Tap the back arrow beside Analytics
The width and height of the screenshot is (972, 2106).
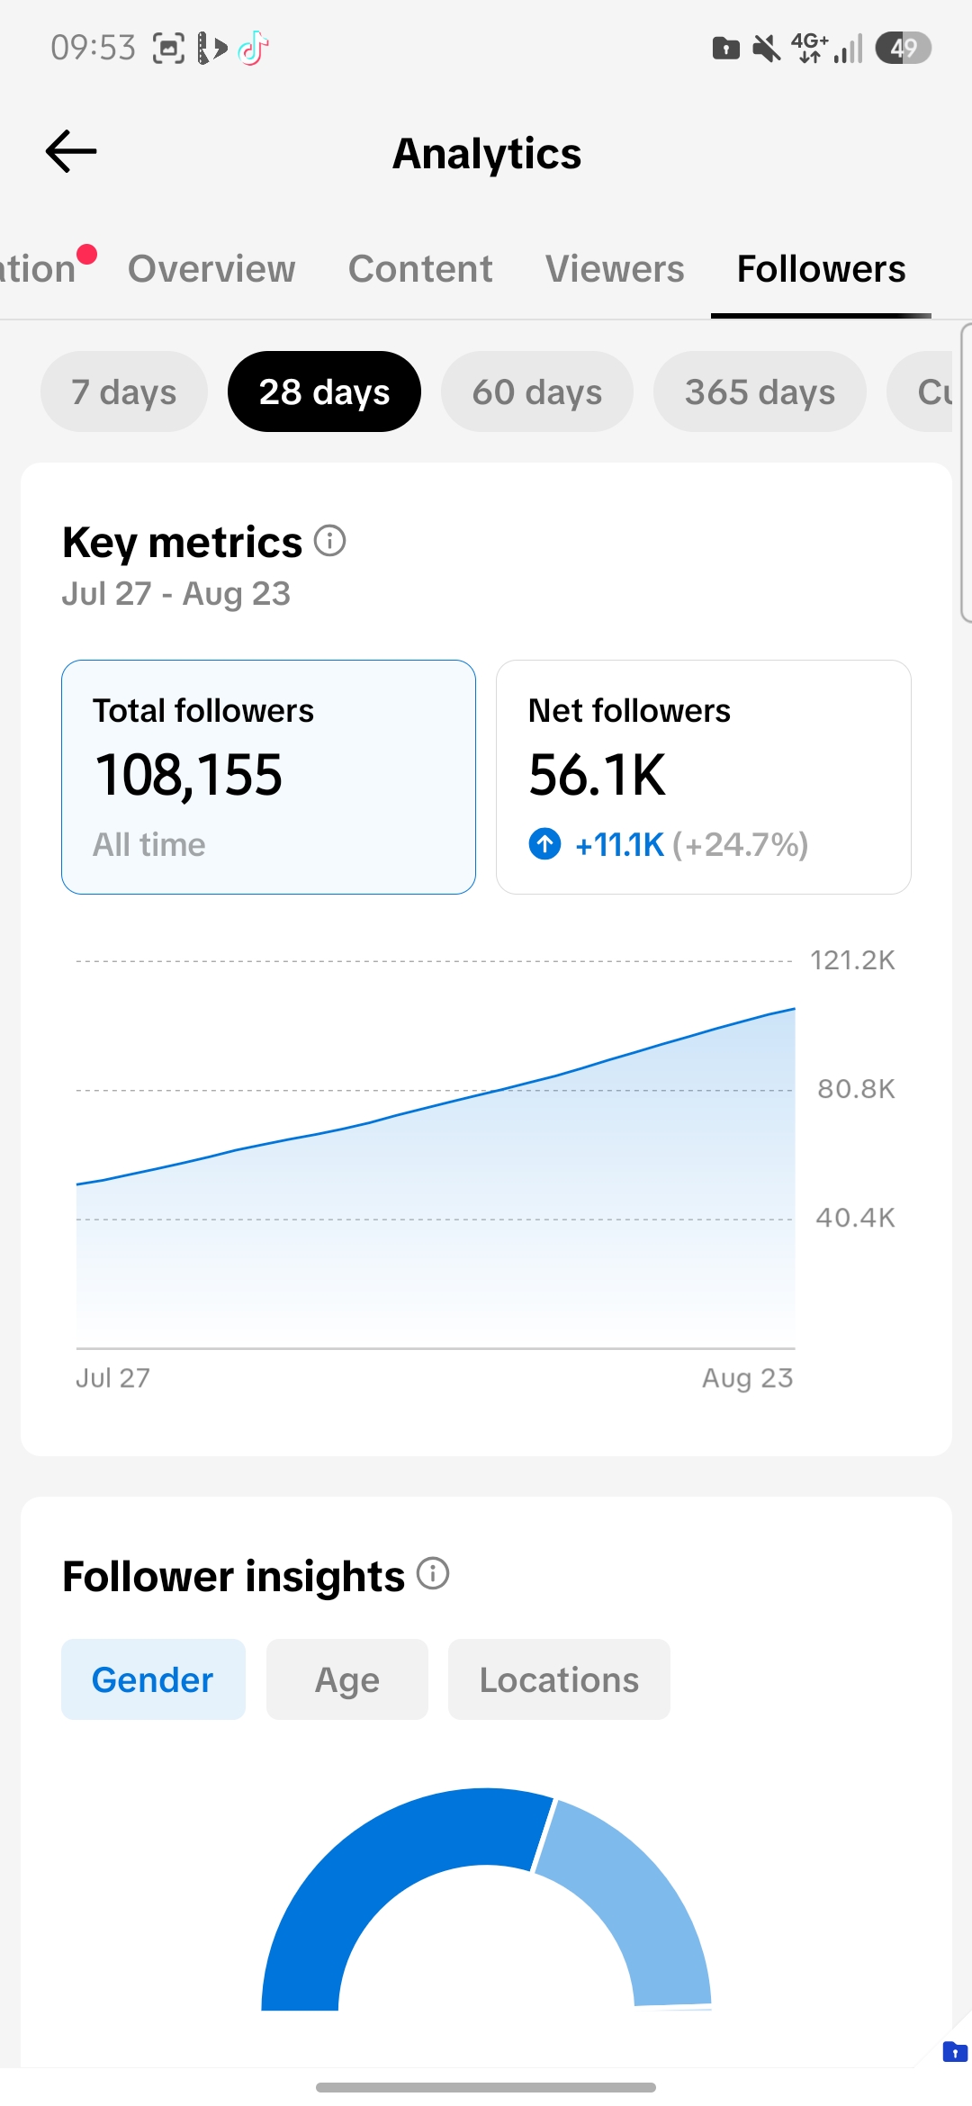pos(71,151)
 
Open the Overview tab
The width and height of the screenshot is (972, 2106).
pos(211,268)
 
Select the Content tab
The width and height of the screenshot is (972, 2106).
pos(420,268)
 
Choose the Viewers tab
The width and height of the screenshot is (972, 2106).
pos(615,268)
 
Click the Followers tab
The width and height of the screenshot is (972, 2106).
pos(821,268)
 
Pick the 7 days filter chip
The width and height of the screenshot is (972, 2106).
pos(124,391)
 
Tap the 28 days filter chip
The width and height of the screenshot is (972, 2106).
pos(324,391)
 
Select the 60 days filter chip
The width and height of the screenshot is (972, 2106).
pos(537,391)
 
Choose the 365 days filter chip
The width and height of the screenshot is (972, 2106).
pos(760,391)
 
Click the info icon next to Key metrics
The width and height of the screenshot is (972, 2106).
pos(330,541)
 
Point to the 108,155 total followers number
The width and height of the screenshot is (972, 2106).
pos(189,775)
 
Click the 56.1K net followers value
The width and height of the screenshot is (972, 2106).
pos(598,775)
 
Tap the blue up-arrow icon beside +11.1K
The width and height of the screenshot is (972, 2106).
pos(544,844)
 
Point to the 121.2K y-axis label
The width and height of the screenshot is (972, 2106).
pos(852,960)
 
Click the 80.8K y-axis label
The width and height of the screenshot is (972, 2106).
pos(856,1089)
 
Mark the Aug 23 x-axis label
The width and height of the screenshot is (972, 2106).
pos(747,1378)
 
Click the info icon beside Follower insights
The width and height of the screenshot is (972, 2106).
pos(433,1573)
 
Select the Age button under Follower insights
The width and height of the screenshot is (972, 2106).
pos(347,1679)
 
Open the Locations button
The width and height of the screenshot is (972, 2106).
pos(559,1679)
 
